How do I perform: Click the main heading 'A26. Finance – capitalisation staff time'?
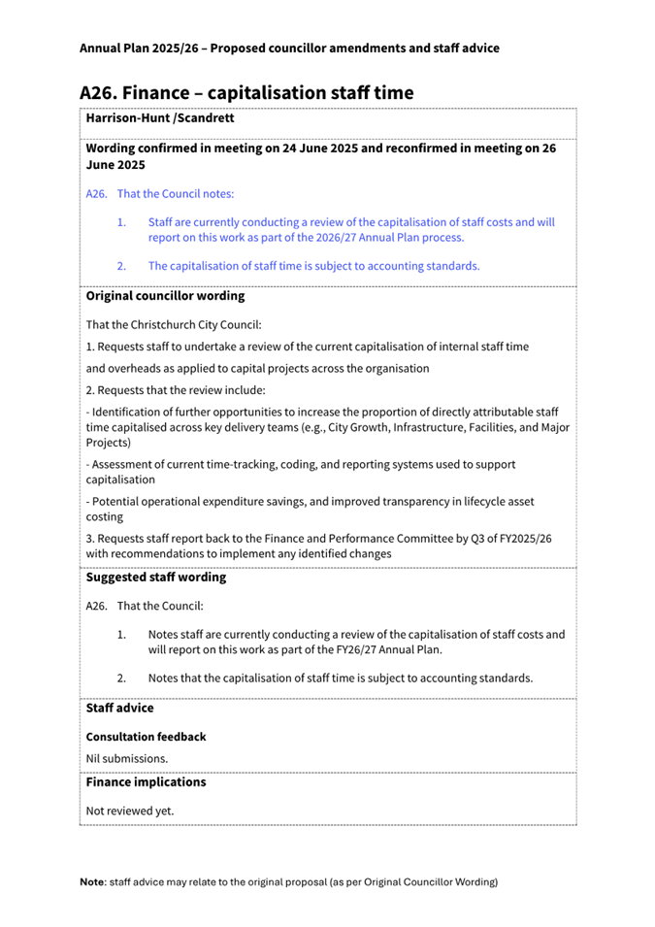point(246,93)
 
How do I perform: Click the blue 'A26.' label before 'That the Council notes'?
point(96,194)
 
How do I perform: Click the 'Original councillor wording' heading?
point(165,296)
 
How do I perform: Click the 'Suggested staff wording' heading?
point(155,578)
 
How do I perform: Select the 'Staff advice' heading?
point(119,709)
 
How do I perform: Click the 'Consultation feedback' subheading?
point(146,737)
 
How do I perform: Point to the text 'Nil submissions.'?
point(127,758)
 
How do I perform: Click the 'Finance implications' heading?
point(146,782)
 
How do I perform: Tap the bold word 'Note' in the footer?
point(93,882)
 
